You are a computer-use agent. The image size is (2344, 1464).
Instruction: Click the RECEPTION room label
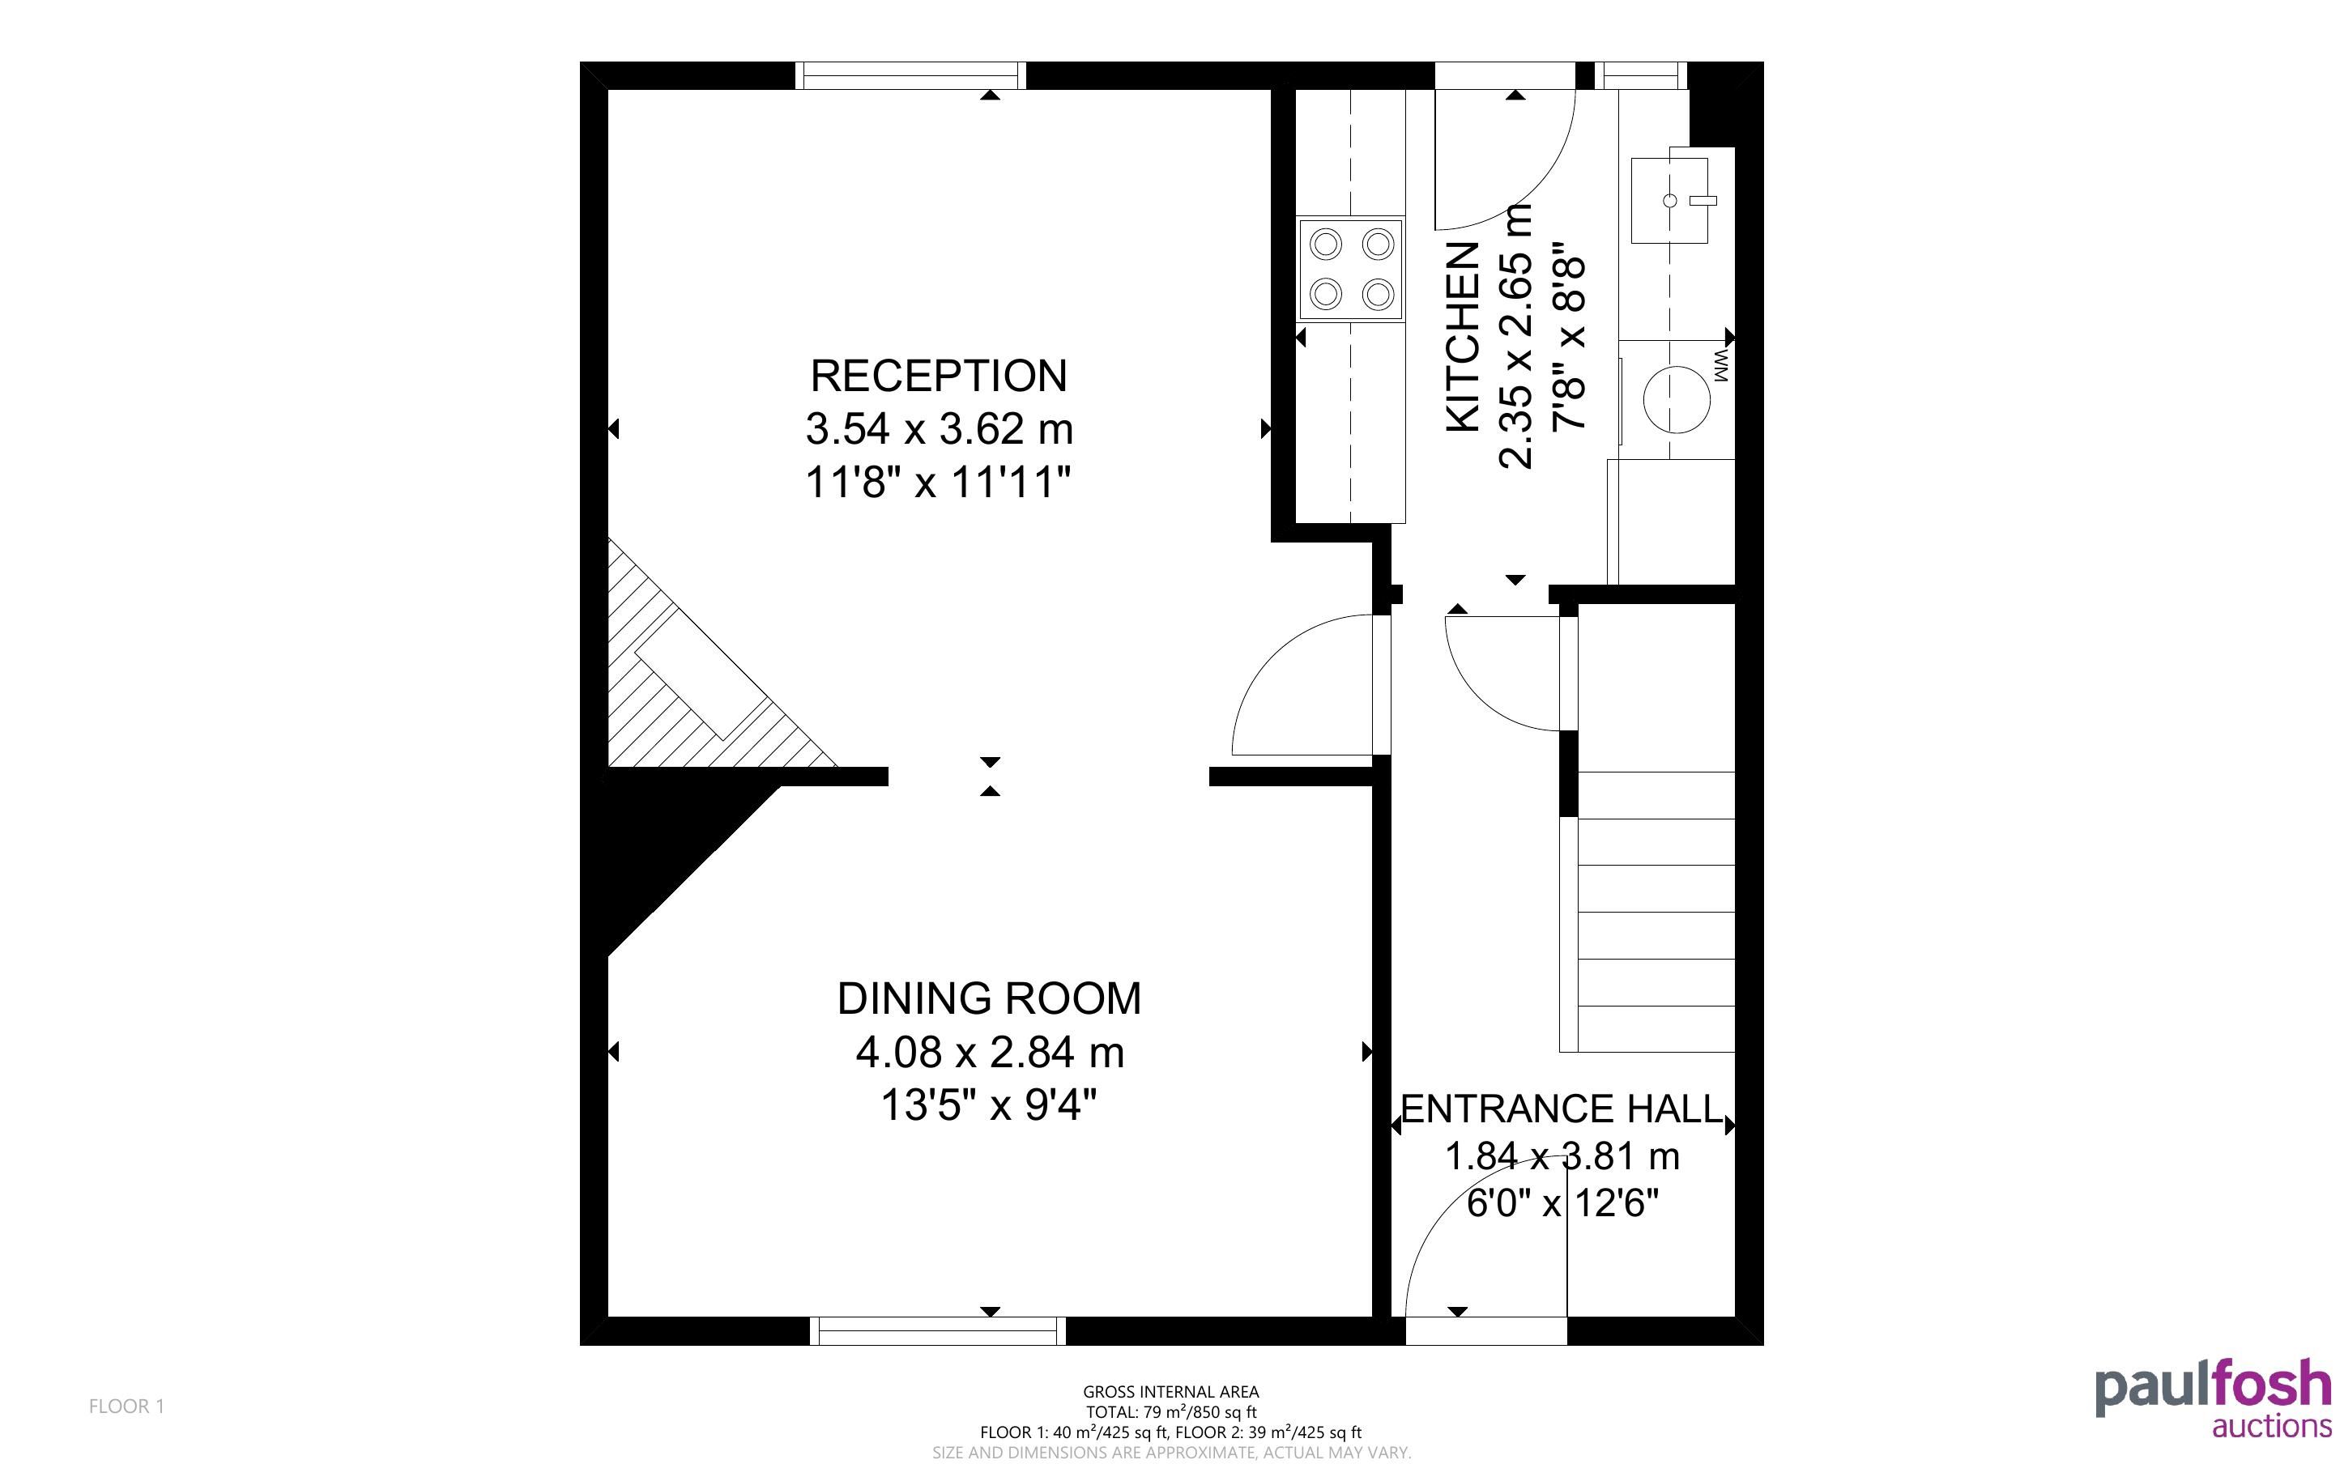(938, 376)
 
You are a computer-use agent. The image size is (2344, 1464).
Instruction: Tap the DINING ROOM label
(988, 998)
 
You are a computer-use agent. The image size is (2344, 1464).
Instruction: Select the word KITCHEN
(1463, 336)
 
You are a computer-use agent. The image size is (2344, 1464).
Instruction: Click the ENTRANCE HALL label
(1562, 1109)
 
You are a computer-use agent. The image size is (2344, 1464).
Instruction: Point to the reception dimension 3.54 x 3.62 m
(940, 429)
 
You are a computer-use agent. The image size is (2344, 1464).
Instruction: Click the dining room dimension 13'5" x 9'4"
(988, 1104)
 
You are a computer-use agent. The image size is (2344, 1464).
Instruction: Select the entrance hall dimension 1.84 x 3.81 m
(1562, 1156)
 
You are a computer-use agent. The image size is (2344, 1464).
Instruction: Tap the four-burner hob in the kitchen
(1351, 268)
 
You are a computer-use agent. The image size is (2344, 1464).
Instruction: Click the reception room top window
(910, 75)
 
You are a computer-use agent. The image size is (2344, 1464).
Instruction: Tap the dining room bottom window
(937, 1331)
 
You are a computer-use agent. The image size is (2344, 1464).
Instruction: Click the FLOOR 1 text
(127, 1406)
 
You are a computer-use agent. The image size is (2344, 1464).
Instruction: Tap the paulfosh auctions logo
(2214, 1398)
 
